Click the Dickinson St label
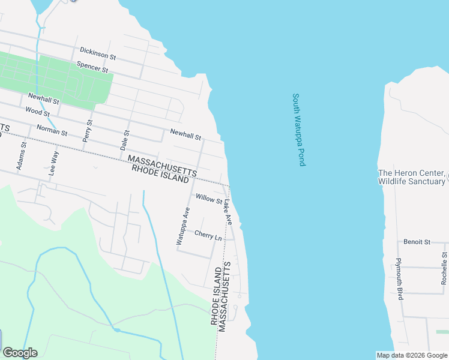(97, 55)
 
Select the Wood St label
(37, 112)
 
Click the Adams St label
(22, 155)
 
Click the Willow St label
(208, 199)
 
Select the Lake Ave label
(228, 212)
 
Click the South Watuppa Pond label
(299, 130)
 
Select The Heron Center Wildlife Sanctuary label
(411, 177)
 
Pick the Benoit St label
(417, 242)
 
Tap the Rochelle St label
(444, 268)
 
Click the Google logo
(20, 353)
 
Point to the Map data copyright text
(412, 355)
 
